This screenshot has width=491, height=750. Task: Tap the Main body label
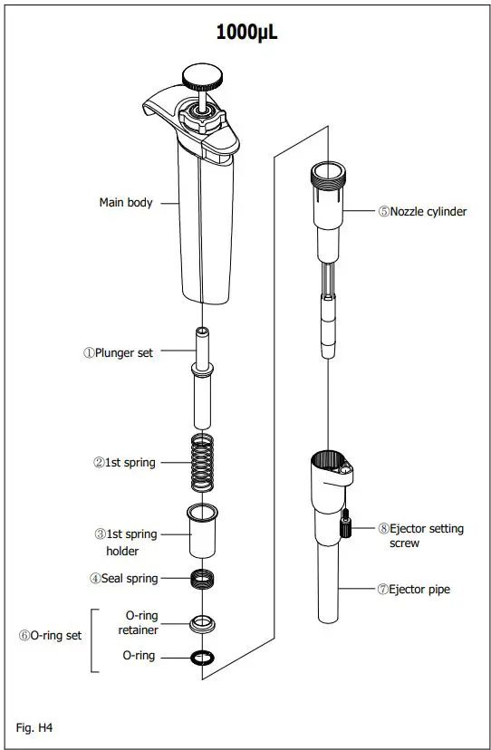125,203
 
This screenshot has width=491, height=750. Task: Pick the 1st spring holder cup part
205,532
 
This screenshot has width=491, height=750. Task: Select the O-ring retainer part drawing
205,623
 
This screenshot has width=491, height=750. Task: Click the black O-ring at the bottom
205,656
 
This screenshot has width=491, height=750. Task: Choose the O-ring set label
50,635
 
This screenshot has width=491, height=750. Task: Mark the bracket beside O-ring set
94,639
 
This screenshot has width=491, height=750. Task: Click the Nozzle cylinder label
422,211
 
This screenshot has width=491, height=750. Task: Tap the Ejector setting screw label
422,534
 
